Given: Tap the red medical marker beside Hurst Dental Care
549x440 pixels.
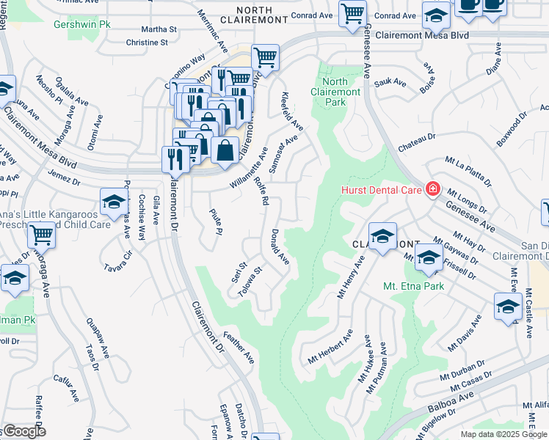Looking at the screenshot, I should pyautogui.click(x=433, y=190).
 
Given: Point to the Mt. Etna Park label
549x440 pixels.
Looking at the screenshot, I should pyautogui.click(x=413, y=286).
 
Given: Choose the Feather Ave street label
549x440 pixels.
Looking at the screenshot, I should pyautogui.click(x=241, y=348).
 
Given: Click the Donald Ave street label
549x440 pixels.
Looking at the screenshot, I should pyautogui.click(x=280, y=248).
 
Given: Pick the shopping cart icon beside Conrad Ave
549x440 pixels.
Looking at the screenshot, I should pyautogui.click(x=352, y=12).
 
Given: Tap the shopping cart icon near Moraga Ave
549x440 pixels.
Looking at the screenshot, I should pyautogui.click(x=42, y=235).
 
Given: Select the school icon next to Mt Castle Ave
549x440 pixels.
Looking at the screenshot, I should pyautogui.click(x=507, y=306).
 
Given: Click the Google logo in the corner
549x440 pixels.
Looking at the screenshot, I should pyautogui.click(x=23, y=432).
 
